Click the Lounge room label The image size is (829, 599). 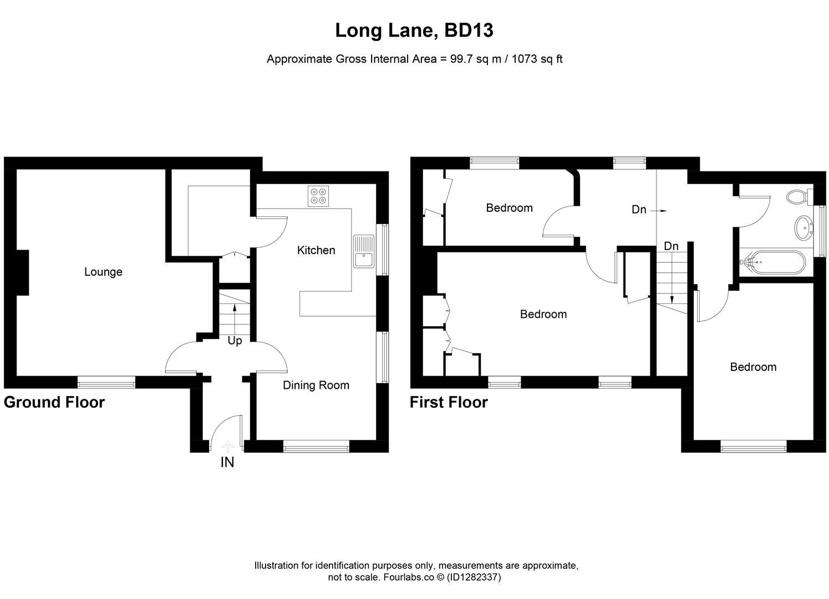click(x=103, y=272)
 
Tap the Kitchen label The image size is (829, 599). click(x=316, y=250)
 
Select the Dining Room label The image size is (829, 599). click(x=316, y=385)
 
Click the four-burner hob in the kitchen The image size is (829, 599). click(x=319, y=196)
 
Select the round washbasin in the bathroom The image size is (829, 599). click(x=802, y=228)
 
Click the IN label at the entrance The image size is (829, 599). click(x=227, y=462)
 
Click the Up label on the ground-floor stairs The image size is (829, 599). click(x=235, y=341)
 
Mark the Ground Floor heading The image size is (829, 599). click(x=54, y=402)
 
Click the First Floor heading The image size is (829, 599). click(x=449, y=402)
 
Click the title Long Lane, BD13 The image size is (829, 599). click(x=414, y=31)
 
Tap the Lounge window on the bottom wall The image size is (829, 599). click(x=106, y=382)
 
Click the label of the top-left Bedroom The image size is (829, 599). click(x=509, y=208)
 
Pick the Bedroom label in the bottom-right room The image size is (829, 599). click(x=753, y=367)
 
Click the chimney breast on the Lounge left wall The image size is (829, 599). click(x=22, y=272)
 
